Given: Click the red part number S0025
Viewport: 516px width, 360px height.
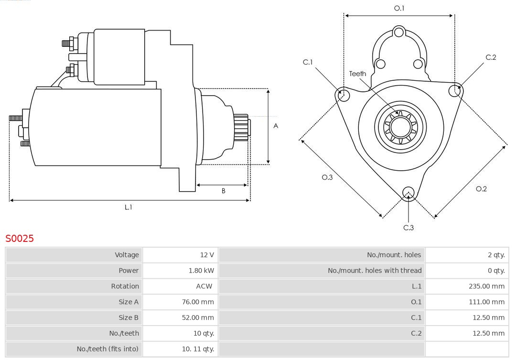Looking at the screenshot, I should coord(20,238).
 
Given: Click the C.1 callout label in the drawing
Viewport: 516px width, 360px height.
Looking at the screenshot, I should coord(308,62).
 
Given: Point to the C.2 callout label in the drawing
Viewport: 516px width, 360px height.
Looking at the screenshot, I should coord(491,57).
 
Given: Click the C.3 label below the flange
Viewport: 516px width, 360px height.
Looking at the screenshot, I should coord(408,228).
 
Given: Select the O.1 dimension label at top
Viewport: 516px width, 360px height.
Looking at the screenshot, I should coord(399,8).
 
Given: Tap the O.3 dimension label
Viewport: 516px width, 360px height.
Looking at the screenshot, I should coord(327,177).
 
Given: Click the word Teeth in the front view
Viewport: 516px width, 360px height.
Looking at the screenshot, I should coord(357,74).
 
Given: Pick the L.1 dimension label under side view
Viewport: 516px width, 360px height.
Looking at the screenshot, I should coord(128,207).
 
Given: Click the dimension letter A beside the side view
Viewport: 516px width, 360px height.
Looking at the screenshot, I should coord(276,126).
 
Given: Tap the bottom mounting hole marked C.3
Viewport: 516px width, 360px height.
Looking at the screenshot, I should coord(408,193).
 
